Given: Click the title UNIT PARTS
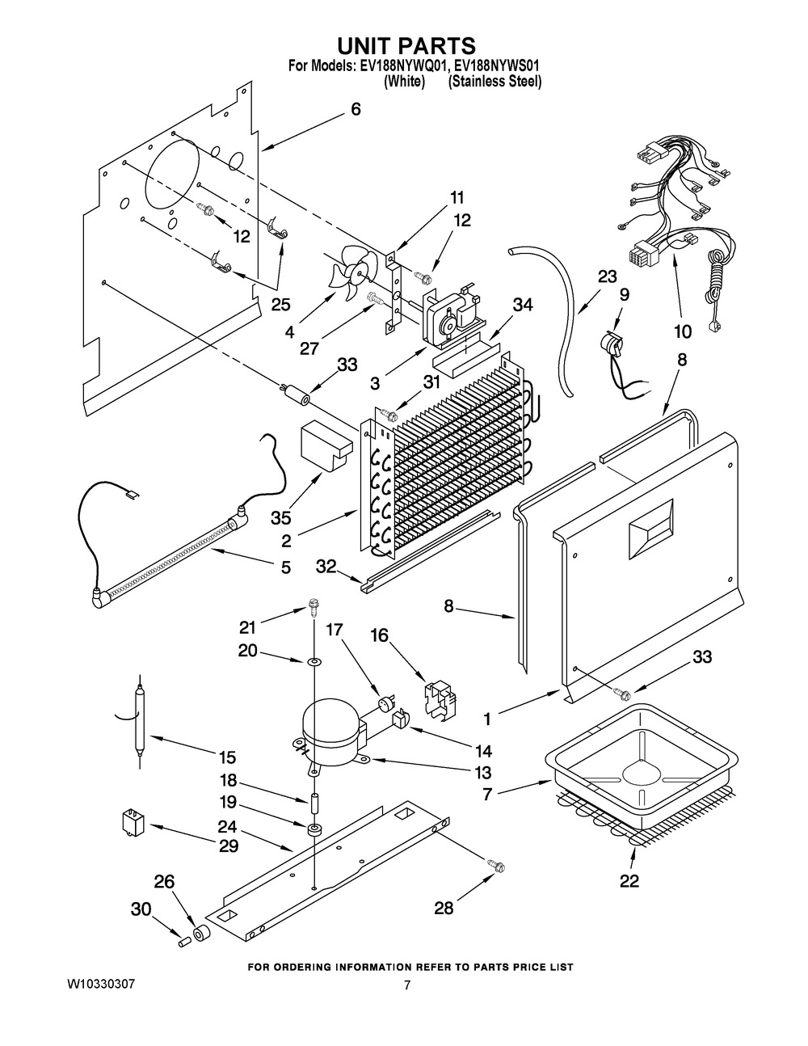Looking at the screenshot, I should [x=405, y=45].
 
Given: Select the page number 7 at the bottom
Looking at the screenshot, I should [x=407, y=985].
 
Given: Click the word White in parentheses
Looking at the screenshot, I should [x=404, y=82].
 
